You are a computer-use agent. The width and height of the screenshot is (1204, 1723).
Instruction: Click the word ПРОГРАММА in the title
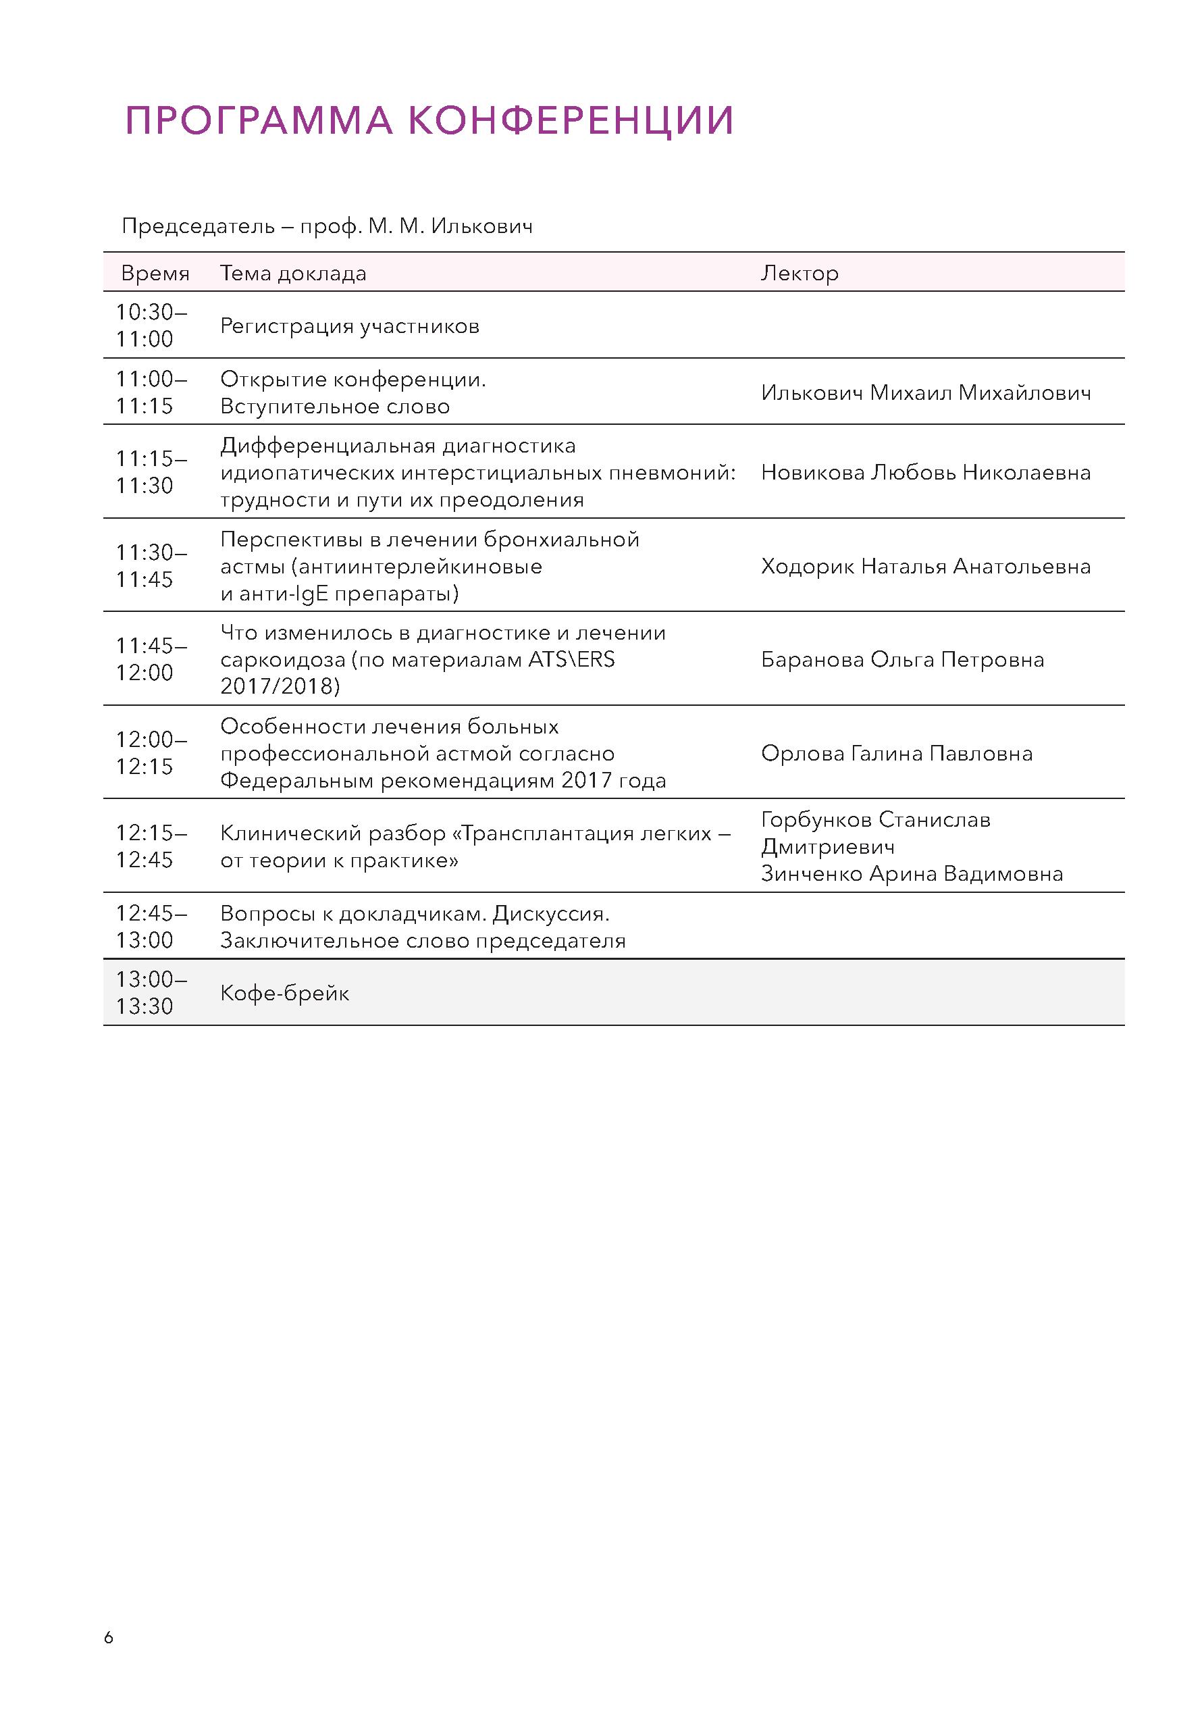coord(259,120)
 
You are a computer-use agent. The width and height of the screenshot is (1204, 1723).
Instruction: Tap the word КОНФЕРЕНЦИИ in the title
coord(573,120)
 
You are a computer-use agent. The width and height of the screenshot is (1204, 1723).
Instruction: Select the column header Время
coord(155,273)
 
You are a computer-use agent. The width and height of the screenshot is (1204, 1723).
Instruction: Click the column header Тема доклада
coord(292,273)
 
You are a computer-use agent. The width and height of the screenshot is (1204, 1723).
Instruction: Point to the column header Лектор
coord(799,273)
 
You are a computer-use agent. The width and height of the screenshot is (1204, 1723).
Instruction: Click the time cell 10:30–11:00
coord(151,326)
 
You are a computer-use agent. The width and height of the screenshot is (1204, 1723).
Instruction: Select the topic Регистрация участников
coord(350,326)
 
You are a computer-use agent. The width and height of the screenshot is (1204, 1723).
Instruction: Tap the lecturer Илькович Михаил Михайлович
coord(925,392)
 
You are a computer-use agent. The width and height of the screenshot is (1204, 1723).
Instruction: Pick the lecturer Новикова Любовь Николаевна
coord(925,473)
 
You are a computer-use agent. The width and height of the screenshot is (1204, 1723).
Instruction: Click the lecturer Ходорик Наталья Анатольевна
coord(925,567)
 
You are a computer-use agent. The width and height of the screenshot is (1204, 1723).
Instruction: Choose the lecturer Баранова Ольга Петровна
coord(901,660)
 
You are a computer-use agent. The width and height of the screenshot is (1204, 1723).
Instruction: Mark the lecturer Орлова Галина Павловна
coord(897,754)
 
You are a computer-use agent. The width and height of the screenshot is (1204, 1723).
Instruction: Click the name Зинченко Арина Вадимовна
coord(912,873)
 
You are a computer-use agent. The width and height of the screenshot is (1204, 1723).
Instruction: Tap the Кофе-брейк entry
coord(284,994)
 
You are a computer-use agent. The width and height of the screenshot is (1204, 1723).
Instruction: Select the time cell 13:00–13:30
coord(151,993)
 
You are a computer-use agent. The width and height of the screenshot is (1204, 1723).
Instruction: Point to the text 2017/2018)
coord(280,686)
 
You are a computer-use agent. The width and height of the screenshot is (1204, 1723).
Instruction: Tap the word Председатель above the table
coord(198,226)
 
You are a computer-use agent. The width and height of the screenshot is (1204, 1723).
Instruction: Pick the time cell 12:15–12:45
coord(151,846)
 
